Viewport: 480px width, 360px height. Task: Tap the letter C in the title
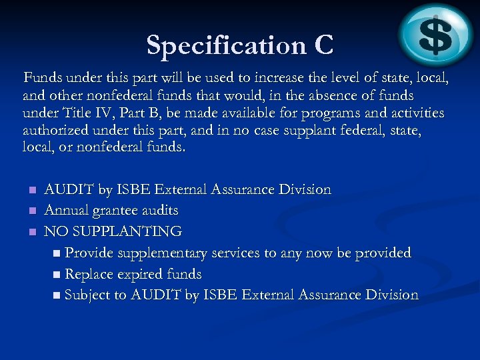point(323,45)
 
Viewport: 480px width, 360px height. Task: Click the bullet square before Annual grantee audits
point(31,211)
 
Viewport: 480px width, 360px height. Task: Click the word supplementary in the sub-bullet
point(161,253)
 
